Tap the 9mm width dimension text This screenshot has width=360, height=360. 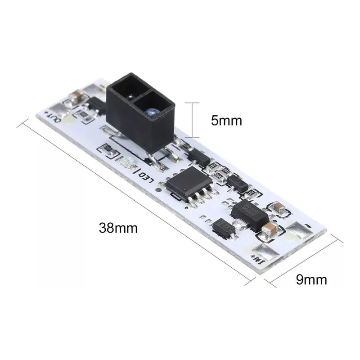pyautogui.click(x=311, y=279)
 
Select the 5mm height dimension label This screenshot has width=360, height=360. pyautogui.click(x=227, y=120)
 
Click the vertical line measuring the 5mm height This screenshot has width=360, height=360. pyautogui.click(x=192, y=120)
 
